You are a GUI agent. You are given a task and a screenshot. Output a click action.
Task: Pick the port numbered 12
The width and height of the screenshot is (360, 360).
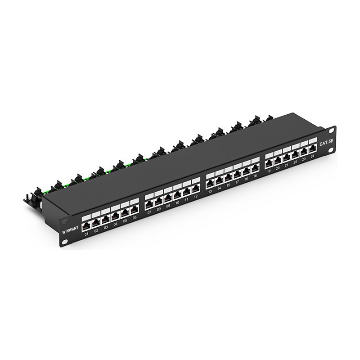click(195, 191)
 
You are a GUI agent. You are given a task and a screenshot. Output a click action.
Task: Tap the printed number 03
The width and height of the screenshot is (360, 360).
click(106, 228)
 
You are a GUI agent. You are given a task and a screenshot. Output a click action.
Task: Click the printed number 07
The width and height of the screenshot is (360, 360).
click(149, 213)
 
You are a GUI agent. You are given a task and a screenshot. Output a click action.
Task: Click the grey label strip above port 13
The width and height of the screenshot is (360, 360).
click(209, 177)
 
